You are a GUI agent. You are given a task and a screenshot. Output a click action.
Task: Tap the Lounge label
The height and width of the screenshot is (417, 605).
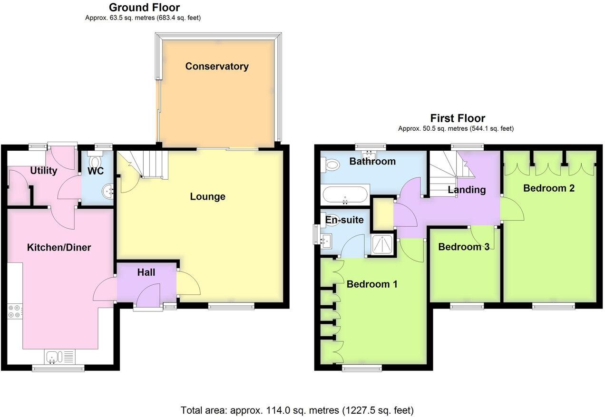207,196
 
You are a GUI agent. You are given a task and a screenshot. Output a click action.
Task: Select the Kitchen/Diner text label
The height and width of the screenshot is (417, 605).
59,247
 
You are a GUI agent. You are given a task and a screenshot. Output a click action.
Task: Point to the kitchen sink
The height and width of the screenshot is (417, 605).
53,357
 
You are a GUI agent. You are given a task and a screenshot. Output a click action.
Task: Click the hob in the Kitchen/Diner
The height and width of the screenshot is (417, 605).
14,311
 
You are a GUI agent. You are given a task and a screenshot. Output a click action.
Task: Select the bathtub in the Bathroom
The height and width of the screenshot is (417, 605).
345,194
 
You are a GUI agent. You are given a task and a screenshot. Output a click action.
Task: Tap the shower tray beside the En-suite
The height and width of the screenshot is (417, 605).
382,244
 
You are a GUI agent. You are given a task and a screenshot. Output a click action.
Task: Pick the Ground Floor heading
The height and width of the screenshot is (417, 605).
144,8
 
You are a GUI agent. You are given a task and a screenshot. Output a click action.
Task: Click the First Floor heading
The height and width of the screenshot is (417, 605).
457,118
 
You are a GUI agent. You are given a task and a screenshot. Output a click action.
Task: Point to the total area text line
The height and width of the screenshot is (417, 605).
297,410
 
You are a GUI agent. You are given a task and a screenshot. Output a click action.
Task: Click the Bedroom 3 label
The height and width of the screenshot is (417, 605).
464,247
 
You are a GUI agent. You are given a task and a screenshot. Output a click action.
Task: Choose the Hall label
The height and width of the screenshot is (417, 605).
146,272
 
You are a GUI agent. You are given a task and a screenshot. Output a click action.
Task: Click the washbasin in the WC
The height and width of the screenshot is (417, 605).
108,191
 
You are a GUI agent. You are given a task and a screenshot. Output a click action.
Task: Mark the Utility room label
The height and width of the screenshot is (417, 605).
44,171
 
